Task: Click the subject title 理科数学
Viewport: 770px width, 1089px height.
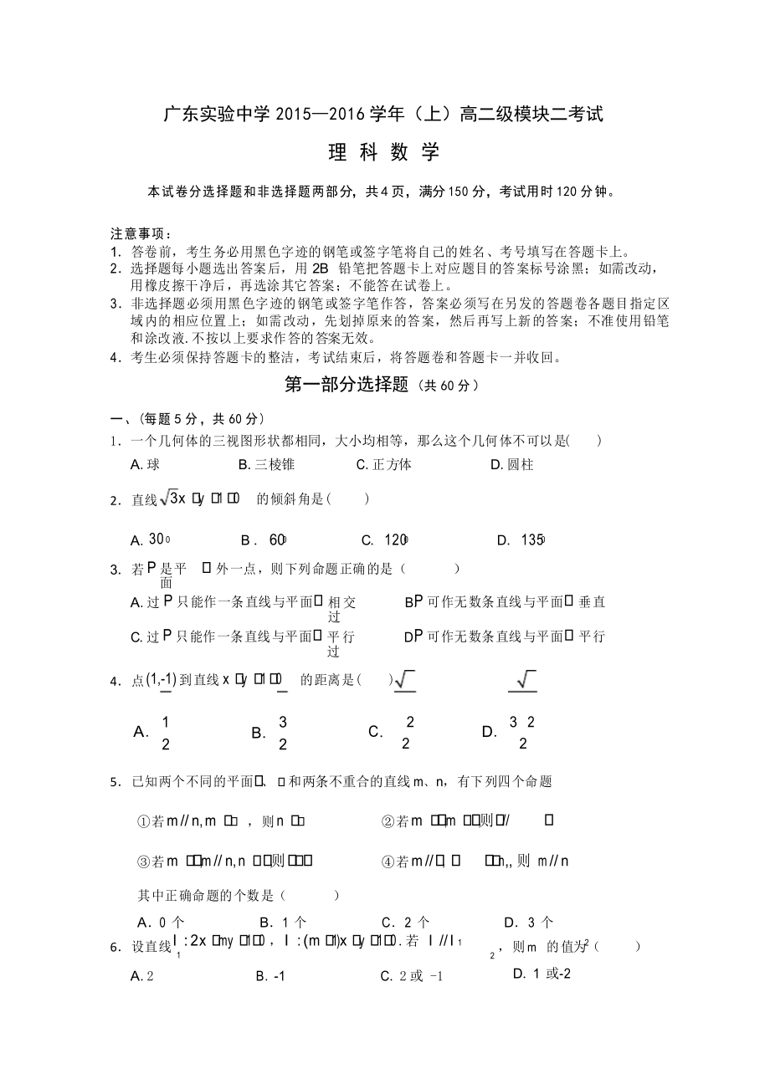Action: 384,153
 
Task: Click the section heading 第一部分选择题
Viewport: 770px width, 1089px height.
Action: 346,385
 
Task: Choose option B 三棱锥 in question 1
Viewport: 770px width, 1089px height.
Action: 266,464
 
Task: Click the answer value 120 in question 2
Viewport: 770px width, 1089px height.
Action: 395,539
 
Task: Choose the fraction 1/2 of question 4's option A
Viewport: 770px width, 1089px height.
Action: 166,733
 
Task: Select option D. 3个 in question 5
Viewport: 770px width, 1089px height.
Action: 528,923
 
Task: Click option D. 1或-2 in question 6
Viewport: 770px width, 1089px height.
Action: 542,974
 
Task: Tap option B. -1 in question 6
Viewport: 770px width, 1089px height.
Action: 270,975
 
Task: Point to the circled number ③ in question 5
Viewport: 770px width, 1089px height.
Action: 142,861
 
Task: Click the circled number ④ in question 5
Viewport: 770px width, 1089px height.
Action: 388,861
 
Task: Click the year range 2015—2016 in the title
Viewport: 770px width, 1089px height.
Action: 308,115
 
